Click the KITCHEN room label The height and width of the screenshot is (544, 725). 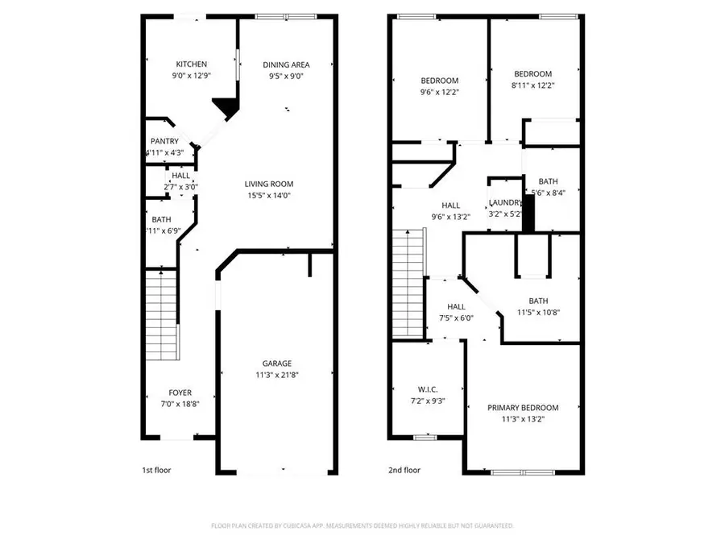pos(192,64)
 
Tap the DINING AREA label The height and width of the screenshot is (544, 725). pos(286,64)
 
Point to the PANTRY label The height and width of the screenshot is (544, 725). pos(165,141)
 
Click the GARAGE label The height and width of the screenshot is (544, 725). pos(276,363)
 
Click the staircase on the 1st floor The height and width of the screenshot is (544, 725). pos(162,314)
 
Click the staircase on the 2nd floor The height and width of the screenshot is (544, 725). pos(408,282)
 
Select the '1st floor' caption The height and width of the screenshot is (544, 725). pos(155,470)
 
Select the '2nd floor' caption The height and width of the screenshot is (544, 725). pos(404,470)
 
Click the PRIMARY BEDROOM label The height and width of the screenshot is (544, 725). pos(523,407)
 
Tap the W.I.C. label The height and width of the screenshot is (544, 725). pos(427,388)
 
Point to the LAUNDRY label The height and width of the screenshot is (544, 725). pos(506,203)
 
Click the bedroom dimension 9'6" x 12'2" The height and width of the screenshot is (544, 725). pos(439,92)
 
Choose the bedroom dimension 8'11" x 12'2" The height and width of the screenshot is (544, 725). pos(533,85)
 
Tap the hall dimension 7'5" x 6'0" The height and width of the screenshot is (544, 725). pos(456,318)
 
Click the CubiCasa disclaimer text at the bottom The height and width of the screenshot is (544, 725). pos(362,525)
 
